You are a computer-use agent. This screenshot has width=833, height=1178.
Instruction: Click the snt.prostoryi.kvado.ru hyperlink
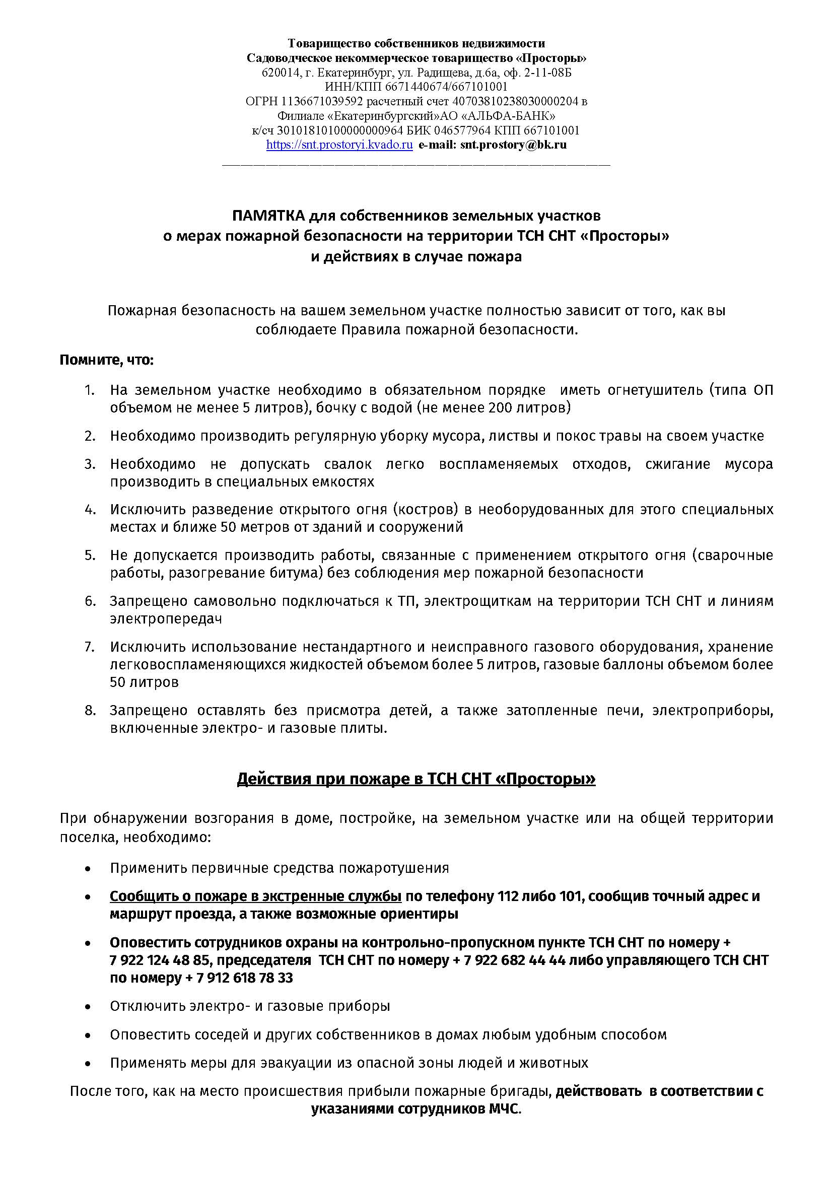339,145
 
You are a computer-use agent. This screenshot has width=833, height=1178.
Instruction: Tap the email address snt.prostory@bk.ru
513,145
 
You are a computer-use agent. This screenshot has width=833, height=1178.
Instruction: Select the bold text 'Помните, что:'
107,360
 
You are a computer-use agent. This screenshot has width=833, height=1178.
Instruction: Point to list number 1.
90,390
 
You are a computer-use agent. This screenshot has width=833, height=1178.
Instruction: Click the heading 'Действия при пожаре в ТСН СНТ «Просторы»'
416,779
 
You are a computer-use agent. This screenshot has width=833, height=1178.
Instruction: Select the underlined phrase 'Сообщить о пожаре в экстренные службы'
255,896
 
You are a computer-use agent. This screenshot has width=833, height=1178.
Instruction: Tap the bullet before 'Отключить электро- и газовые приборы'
89,1007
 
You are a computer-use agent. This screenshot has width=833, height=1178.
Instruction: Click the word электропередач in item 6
166,619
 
